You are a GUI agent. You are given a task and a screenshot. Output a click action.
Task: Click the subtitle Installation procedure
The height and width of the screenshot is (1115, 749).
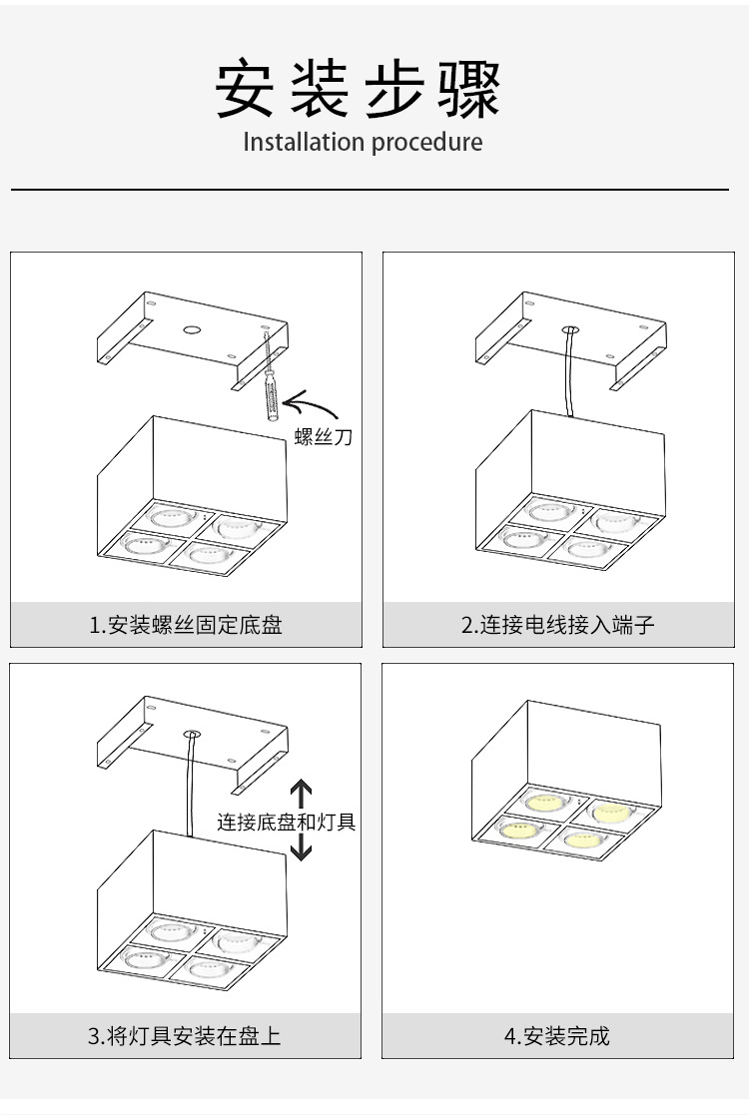tap(363, 142)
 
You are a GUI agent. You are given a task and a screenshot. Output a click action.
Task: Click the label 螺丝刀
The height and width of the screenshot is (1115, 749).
tap(324, 436)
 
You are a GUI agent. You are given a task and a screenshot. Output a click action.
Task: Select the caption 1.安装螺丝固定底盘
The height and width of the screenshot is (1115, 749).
tap(186, 626)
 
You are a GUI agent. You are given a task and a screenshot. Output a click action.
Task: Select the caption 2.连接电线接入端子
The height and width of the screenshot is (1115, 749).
tap(558, 626)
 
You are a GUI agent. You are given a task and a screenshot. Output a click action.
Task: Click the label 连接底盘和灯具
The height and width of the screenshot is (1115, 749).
tap(287, 823)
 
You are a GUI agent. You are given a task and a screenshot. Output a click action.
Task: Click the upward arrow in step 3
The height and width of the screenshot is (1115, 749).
tap(302, 796)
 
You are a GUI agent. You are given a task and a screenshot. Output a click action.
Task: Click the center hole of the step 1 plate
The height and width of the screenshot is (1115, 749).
tap(192, 328)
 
